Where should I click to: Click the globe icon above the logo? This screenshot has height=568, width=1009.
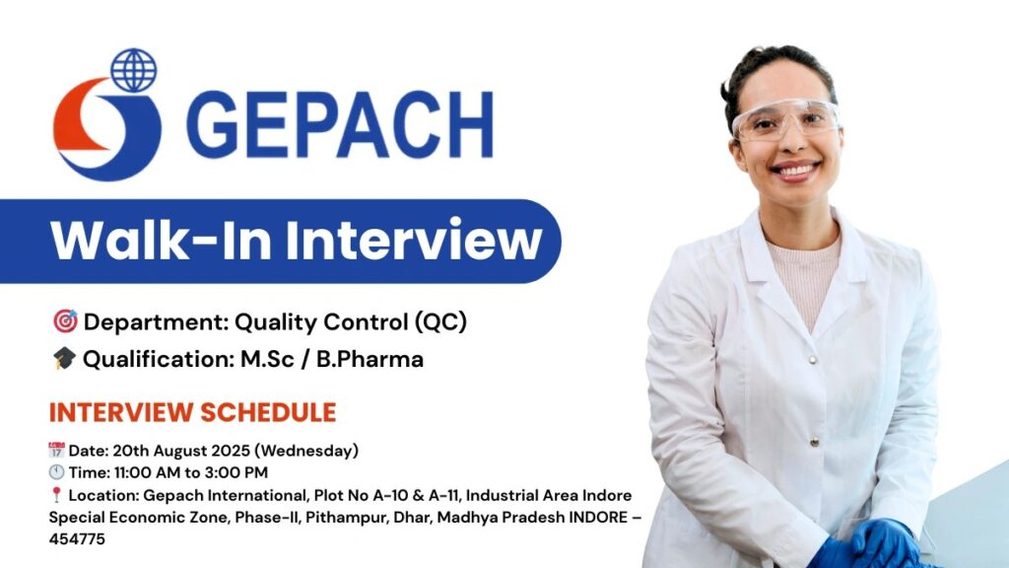point(133,69)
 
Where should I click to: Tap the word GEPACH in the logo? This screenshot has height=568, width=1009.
point(339,126)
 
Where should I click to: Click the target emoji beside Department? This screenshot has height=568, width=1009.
point(65,322)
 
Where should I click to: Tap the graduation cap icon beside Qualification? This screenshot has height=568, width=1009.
point(64,360)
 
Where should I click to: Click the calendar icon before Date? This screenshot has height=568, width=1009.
point(56,451)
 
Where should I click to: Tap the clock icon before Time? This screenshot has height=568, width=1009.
point(56,472)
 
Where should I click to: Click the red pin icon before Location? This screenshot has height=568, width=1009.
point(56,495)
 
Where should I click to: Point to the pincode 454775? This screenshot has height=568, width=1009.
point(77,539)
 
